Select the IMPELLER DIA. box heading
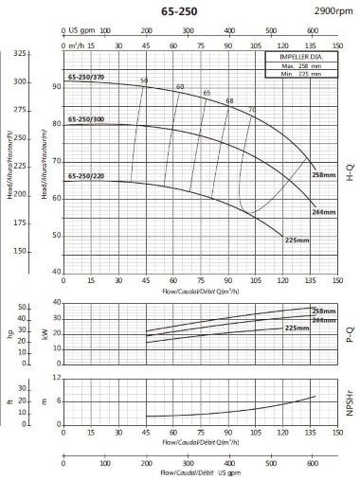coord(302,58)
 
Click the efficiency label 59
coord(144,80)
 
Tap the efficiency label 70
coord(251,110)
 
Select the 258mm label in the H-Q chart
coord(325,175)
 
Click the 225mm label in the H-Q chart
coord(297,240)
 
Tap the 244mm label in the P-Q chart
coord(324,320)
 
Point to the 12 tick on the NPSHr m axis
coord(58,378)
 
